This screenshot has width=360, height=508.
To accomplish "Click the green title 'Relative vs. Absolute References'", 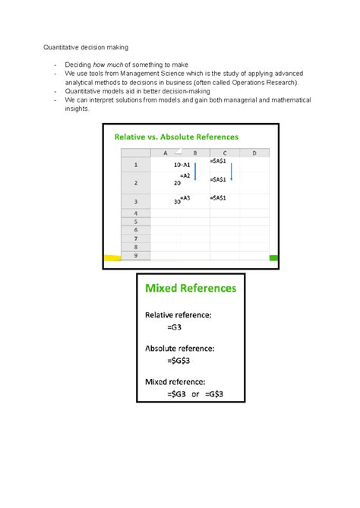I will point(176,137).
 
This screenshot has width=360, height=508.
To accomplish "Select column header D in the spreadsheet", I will point(254,153).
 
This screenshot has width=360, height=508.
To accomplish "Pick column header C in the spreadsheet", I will point(224,153).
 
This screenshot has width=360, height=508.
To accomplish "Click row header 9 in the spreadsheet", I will point(136,256).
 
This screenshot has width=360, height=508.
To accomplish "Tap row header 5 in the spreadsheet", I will point(136,222).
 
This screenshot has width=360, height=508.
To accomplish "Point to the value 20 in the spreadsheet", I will point(177,184).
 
